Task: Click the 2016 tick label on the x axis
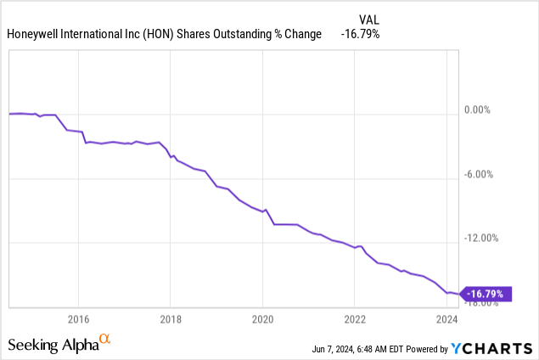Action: click(x=78, y=319)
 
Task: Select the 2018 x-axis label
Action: click(x=171, y=319)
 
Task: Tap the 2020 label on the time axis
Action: click(x=262, y=319)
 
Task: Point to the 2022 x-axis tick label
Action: click(x=355, y=319)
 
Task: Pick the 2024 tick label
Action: click(x=446, y=319)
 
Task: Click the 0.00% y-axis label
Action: click(x=477, y=110)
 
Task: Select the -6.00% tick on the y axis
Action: click(x=479, y=174)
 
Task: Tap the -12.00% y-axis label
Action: click(x=481, y=238)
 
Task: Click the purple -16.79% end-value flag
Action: click(x=486, y=294)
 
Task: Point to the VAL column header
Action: click(x=369, y=20)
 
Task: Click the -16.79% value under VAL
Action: click(x=360, y=34)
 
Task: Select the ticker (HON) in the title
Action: click(x=158, y=34)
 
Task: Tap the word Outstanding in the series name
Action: click(x=243, y=34)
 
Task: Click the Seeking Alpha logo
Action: click(x=59, y=344)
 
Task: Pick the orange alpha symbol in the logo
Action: click(x=105, y=339)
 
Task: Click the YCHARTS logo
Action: click(x=491, y=349)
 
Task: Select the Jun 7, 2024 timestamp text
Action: click(x=333, y=349)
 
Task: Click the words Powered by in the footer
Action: click(x=427, y=349)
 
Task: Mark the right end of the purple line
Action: click(x=458, y=294)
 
